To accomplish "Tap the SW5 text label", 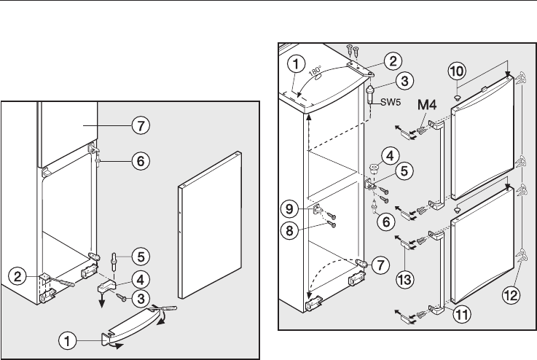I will pos(386,102).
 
